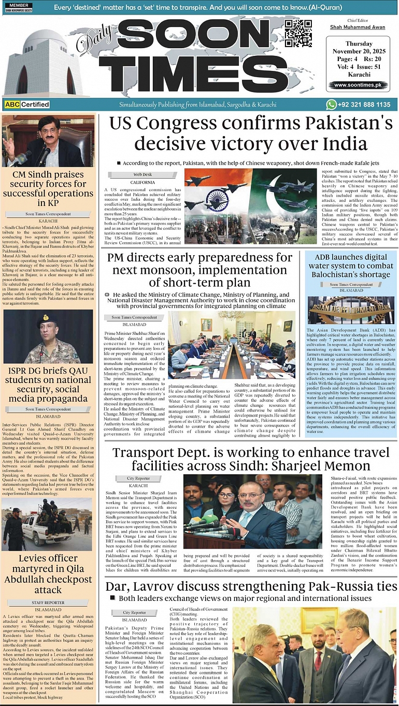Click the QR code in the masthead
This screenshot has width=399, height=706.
(x=298, y=34)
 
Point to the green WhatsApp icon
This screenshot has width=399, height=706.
(x=331, y=105)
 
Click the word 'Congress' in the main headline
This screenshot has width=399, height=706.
(x=193, y=124)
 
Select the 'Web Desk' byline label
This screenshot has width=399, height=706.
(x=142, y=174)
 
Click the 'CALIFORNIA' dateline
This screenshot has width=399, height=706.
(x=142, y=183)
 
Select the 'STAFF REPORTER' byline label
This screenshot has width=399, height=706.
(x=48, y=603)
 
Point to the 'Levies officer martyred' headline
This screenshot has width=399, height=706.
(x=48, y=573)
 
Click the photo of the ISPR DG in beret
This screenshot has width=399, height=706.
(x=48, y=336)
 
